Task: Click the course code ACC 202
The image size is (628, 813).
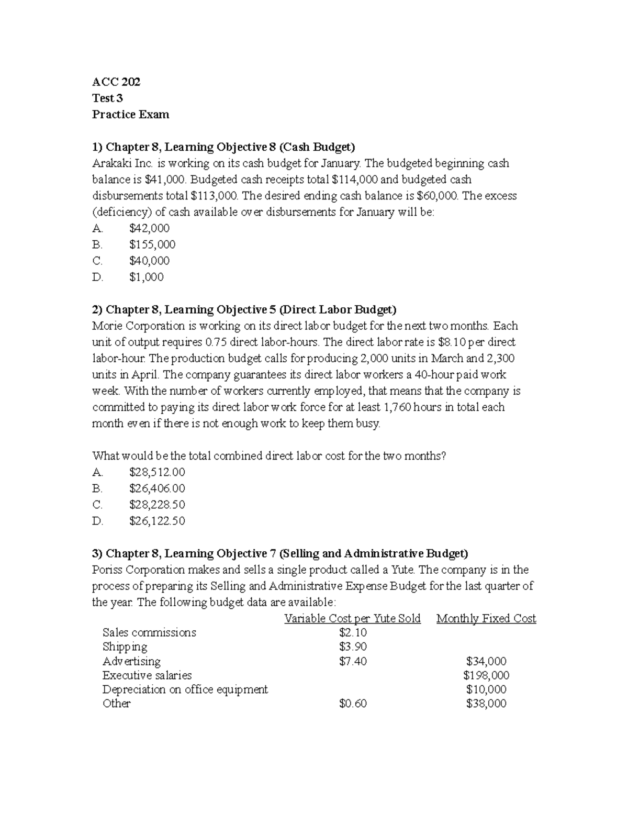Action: [x=116, y=82]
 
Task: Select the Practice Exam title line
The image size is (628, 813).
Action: [x=130, y=114]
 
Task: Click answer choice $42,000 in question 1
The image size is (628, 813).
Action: [x=149, y=228]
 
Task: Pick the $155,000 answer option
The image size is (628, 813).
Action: [x=152, y=244]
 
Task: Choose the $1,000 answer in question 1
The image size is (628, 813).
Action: [x=146, y=277]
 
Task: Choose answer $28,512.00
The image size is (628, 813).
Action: [x=157, y=472]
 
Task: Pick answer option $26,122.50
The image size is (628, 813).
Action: [x=157, y=520]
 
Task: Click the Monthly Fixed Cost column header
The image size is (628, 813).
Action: [x=486, y=618]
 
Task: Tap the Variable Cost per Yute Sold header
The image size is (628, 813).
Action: [x=352, y=618]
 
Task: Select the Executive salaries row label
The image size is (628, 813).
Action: [x=147, y=675]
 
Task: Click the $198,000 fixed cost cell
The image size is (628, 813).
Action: [x=486, y=675]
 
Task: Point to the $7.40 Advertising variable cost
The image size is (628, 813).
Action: [x=353, y=661]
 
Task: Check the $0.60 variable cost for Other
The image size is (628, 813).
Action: [x=353, y=703]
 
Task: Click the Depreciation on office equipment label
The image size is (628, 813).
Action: [x=185, y=689]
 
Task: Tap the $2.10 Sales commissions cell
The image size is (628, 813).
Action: [x=353, y=632]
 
